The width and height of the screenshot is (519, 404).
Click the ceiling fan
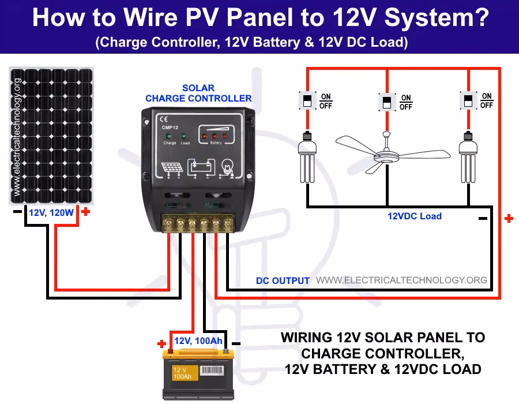385,151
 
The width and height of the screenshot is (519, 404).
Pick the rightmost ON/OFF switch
468,100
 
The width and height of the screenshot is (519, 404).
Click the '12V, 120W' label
51,213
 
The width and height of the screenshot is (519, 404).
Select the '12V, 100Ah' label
198,341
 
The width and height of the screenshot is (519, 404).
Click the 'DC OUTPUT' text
283,280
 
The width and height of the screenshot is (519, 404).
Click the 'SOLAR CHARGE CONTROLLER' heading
198,93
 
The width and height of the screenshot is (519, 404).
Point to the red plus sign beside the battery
161,344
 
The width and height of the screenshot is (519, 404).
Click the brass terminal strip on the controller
198,223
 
